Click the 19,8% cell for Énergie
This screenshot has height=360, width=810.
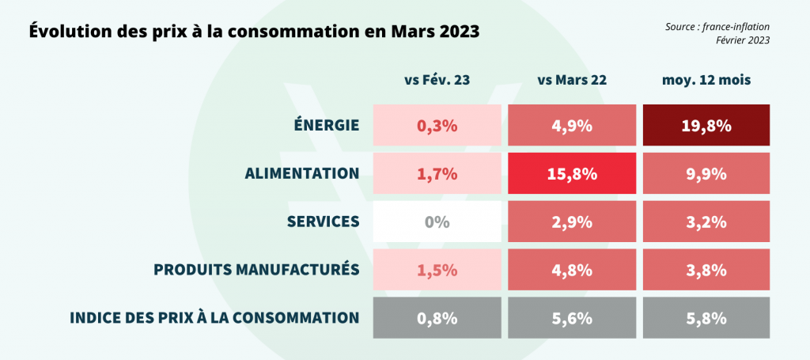[706, 125]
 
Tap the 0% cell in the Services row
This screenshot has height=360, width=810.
[437, 222]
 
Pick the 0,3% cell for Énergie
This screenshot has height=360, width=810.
[437, 125]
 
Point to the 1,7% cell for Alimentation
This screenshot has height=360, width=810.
[437, 173]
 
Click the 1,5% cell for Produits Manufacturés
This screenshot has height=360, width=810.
[437, 270]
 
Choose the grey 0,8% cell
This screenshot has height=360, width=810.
[437, 318]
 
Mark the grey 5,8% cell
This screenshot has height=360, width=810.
[706, 318]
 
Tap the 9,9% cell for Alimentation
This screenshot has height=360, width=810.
[706, 173]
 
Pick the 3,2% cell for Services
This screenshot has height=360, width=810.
[706, 222]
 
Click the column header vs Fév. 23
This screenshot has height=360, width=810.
[437, 80]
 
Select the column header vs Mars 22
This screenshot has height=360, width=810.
[571, 80]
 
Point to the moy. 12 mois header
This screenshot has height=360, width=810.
[706, 80]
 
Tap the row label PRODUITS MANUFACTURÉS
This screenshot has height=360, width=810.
[256, 270]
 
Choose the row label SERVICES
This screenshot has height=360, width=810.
[324, 222]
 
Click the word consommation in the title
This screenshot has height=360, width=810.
[301, 33]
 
